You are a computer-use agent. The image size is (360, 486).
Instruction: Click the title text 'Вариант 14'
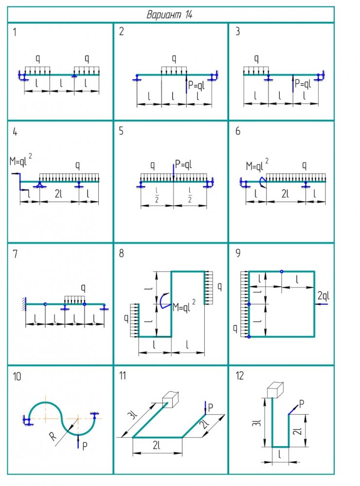[x=169, y=15]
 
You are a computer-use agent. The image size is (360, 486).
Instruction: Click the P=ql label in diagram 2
[x=197, y=85]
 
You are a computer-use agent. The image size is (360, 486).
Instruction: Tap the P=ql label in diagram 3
[x=303, y=84]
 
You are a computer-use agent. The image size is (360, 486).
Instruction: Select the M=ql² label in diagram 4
[x=21, y=160]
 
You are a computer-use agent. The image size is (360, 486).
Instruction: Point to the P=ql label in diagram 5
[x=183, y=164]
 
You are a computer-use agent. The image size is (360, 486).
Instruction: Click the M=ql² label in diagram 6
[x=257, y=165]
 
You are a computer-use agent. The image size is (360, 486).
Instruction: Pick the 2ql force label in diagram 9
[x=323, y=296]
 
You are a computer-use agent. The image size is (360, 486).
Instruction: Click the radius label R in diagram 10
[x=53, y=436]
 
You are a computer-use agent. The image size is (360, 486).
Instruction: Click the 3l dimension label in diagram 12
[x=257, y=423]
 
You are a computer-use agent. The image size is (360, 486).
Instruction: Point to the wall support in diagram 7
[x=24, y=304]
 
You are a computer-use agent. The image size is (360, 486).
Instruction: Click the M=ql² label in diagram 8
[x=184, y=306]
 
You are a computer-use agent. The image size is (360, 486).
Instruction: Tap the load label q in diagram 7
[x=83, y=288]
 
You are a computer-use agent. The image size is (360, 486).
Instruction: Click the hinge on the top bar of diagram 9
[x=282, y=272]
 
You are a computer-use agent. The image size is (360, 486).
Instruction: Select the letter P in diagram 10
[x=85, y=446]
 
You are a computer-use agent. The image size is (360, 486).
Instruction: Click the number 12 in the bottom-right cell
[x=239, y=376]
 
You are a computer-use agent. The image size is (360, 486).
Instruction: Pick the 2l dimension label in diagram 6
[x=285, y=194]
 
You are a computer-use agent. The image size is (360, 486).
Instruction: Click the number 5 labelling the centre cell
[x=121, y=131]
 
